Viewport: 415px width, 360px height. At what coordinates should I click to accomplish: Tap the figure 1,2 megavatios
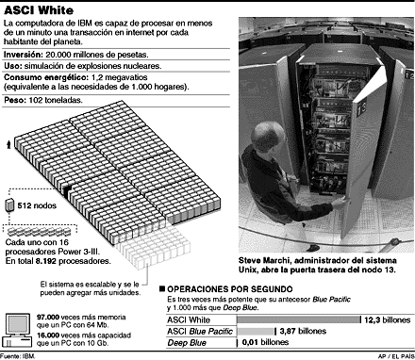(113, 78)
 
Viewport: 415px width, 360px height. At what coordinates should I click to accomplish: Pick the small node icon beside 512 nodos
(11, 205)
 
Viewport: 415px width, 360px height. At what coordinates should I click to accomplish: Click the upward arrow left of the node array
(9, 144)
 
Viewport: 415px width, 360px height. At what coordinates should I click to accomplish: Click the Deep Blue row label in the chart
(188, 342)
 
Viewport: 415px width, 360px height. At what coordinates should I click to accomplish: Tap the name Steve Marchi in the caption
(268, 258)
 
